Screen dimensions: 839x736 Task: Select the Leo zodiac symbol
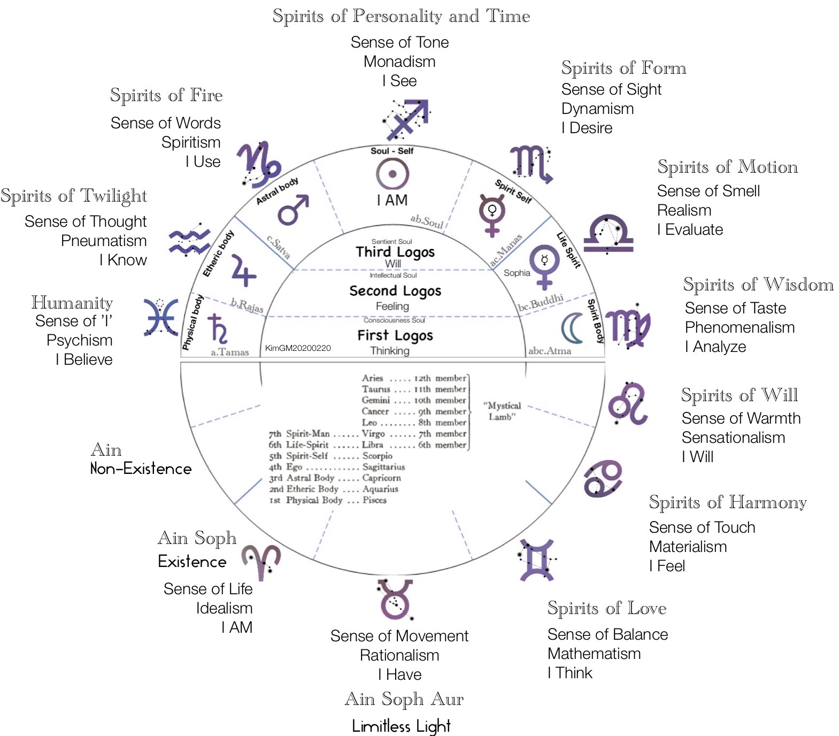[628, 403]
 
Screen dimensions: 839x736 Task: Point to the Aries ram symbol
[261, 562]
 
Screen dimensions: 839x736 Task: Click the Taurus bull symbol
[395, 599]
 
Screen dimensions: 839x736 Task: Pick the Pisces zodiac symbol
[161, 318]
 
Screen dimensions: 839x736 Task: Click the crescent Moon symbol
[572, 328]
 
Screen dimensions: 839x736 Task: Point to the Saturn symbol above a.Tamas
[218, 328]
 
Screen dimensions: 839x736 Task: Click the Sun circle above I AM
[392, 174]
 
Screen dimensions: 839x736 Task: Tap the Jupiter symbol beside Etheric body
[243, 271]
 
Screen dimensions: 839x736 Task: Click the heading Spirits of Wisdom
[758, 285]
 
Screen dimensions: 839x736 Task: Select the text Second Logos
[395, 290]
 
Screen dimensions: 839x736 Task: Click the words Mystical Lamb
[502, 411]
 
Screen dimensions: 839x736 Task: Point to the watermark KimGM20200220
[298, 348]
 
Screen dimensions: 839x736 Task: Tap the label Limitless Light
[401, 726]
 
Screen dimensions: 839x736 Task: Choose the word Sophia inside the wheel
[517, 273]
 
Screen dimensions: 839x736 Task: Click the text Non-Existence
[141, 469]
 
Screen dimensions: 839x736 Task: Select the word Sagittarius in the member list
[383, 467]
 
